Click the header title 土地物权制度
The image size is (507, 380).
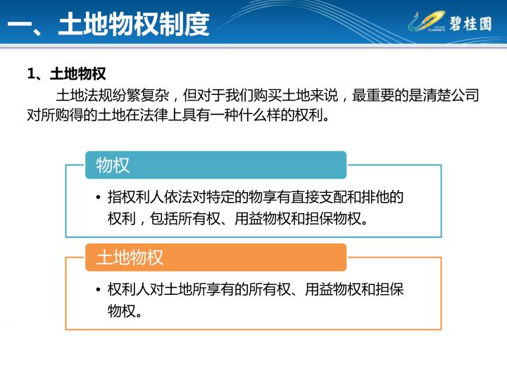point(134,24)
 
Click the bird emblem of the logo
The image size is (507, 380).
point(426,21)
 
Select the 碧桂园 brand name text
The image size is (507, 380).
point(470,24)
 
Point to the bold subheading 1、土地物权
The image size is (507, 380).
point(67,74)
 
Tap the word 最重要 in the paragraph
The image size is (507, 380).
point(373,95)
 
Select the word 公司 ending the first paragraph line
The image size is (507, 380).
point(465,95)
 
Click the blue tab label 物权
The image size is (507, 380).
point(113,165)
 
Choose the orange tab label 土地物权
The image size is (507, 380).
point(130,258)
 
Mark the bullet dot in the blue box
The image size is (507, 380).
point(99,198)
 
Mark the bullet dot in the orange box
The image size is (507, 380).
point(99,289)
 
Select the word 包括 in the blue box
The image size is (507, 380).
point(164,219)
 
